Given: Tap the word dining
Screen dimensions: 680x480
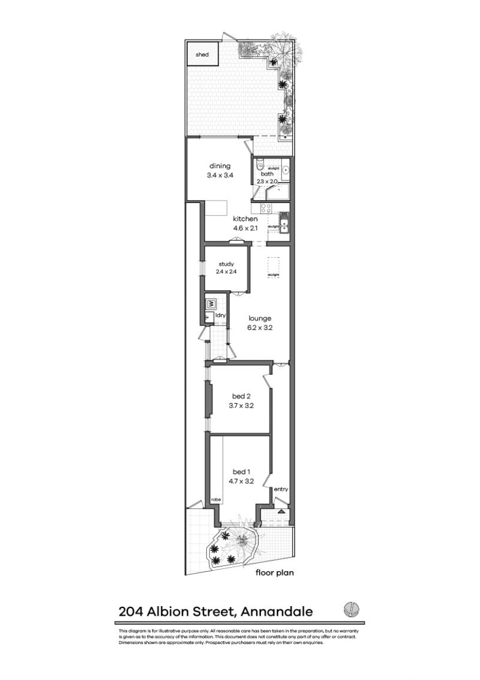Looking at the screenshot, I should pyautogui.click(x=220, y=166).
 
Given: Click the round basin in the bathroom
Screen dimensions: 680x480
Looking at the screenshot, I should pyautogui.click(x=286, y=171).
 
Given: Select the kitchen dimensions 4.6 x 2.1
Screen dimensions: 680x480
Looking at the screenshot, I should pyautogui.click(x=245, y=228).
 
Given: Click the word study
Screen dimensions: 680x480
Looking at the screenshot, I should pyautogui.click(x=226, y=264).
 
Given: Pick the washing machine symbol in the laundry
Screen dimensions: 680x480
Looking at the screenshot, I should pyautogui.click(x=211, y=304).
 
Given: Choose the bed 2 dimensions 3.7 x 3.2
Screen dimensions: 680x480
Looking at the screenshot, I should pyautogui.click(x=243, y=405).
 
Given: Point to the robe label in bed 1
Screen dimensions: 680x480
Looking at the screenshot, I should pyautogui.click(x=215, y=499).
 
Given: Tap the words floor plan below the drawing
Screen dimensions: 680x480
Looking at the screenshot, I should pyautogui.click(x=274, y=572).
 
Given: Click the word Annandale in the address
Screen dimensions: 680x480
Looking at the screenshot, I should pyautogui.click(x=277, y=612).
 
